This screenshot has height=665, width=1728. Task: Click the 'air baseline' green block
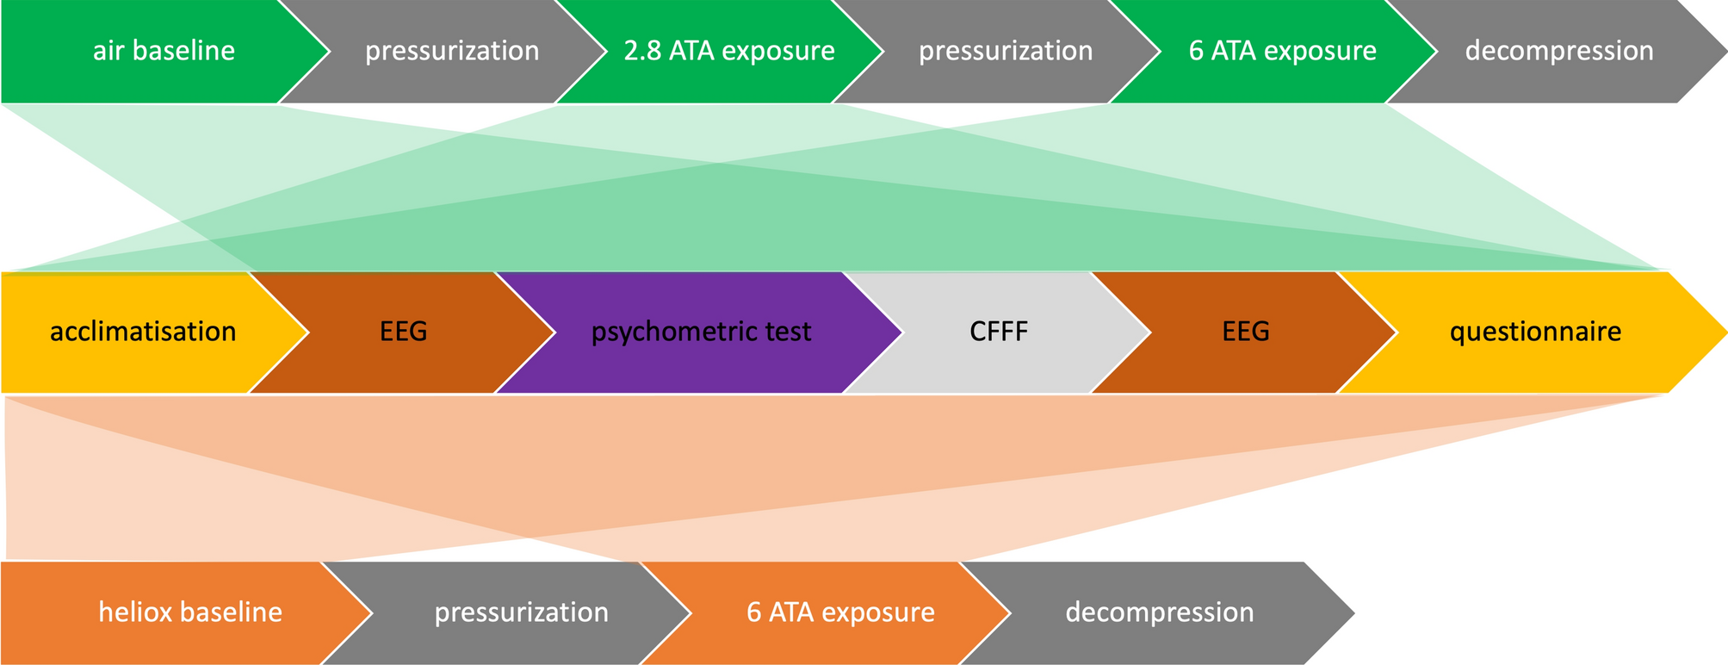pyautogui.click(x=164, y=51)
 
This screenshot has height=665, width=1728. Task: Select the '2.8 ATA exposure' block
pyautogui.click(x=728, y=51)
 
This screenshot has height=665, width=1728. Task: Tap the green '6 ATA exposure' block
pyautogui.click(x=1282, y=51)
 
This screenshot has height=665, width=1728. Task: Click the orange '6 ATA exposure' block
pyautogui.click(x=840, y=612)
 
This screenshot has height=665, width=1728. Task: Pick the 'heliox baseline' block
pyautogui.click(x=189, y=612)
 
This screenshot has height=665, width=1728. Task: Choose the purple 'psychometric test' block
pyautogui.click(x=701, y=332)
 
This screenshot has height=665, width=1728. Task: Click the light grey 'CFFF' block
pyautogui.click(x=999, y=332)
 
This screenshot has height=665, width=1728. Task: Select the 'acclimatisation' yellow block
pyautogui.click(x=143, y=332)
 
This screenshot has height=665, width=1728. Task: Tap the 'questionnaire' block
pyautogui.click(x=1535, y=332)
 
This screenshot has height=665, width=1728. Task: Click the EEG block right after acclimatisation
pyautogui.click(x=403, y=332)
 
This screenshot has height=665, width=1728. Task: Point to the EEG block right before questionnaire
pyautogui.click(x=1245, y=332)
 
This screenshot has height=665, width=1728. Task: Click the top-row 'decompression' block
pyautogui.click(x=1558, y=51)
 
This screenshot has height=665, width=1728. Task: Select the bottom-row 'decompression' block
pyautogui.click(x=1159, y=612)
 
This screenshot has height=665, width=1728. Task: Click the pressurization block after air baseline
pyautogui.click(x=452, y=51)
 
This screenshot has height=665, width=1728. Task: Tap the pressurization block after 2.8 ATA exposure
pyautogui.click(x=1005, y=51)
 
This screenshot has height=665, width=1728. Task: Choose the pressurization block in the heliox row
pyautogui.click(x=521, y=612)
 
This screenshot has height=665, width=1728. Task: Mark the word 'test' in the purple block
pyautogui.click(x=786, y=332)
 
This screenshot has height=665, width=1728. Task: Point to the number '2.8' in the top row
pyautogui.click(x=641, y=51)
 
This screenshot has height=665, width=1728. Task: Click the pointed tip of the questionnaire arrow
pyautogui.click(x=1724, y=332)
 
